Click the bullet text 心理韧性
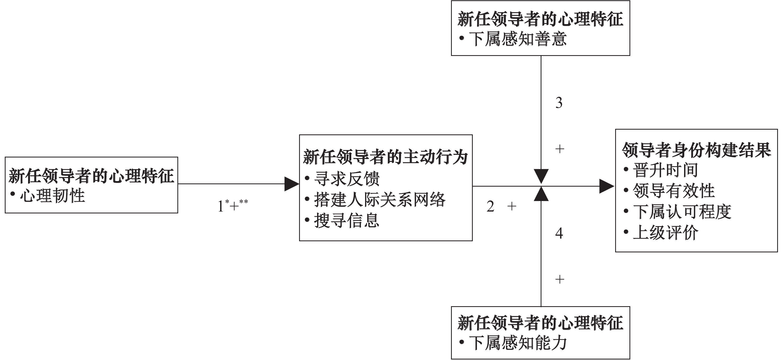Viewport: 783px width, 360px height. (52, 196)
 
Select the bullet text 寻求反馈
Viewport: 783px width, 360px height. (347, 179)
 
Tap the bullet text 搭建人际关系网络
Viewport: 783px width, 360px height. (380, 200)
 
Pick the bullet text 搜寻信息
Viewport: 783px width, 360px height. (347, 221)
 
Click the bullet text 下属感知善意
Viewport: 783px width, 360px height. (518, 39)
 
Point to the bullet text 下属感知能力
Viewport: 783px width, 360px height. (518, 343)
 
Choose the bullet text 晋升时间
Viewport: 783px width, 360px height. (665, 170)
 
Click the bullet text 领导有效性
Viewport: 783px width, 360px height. (673, 191)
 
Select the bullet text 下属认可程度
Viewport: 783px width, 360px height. (682, 212)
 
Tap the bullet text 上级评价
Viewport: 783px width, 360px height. (665, 233)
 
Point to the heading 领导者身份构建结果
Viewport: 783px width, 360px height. (696, 150)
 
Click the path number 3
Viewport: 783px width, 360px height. (559, 103)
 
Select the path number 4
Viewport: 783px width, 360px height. (559, 233)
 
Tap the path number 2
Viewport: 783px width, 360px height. (490, 207)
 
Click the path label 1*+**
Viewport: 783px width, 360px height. (233, 206)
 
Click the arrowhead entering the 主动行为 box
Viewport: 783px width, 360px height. (291, 184)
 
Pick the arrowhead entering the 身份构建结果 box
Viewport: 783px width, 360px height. (606, 186)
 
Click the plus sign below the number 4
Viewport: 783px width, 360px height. (559, 279)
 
